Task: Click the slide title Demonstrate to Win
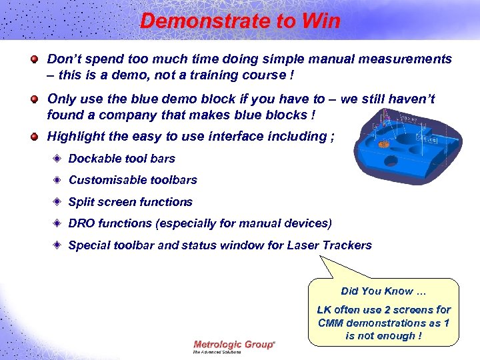240,21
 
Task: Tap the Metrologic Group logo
233,345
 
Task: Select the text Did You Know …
383,291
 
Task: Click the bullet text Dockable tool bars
121,159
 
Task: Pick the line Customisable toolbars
133,180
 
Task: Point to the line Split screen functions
130,202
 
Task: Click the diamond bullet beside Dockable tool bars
58,159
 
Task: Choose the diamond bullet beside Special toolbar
58,245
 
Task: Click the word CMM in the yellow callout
331,323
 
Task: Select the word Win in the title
321,21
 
